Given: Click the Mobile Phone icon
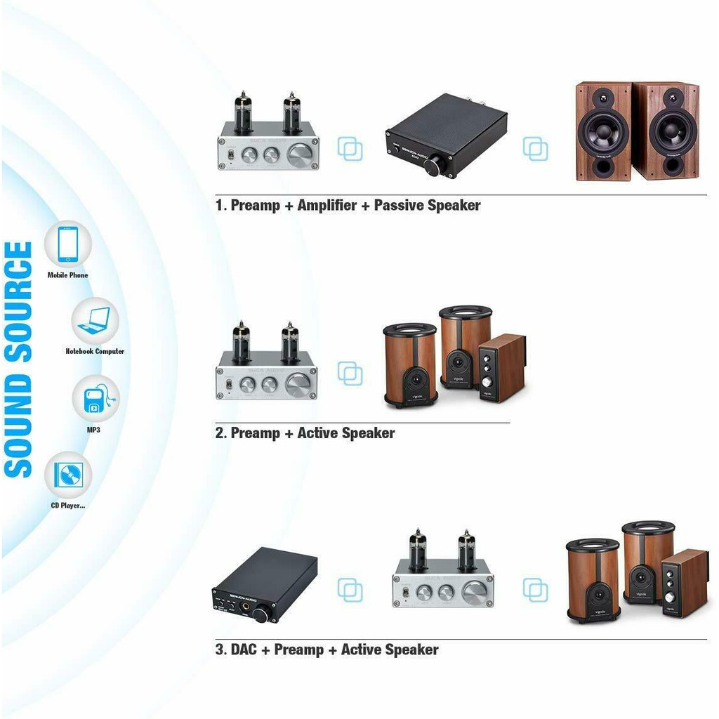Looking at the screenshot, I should [x=68, y=244].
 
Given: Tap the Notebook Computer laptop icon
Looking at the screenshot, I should [x=95, y=321].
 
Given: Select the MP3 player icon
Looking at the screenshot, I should [x=95, y=399].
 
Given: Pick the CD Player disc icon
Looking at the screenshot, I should [x=68, y=475].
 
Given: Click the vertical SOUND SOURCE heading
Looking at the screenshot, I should [x=19, y=359].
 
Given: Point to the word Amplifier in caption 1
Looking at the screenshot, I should [x=326, y=206].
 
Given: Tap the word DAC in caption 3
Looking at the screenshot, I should [x=243, y=649].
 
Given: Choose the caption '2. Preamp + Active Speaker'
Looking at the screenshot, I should [x=305, y=433].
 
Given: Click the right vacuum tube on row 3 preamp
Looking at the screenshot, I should [x=466, y=549].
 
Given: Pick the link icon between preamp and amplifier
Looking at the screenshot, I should [x=350, y=149].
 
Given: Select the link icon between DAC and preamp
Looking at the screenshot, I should [x=350, y=589].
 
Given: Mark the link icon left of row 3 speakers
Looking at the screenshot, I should [x=535, y=590].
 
